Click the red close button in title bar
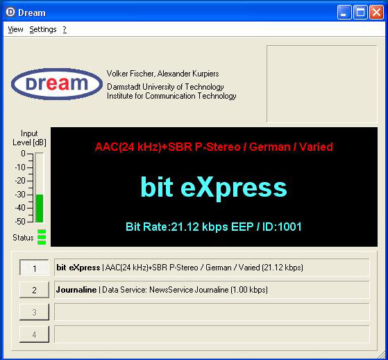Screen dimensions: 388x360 click(x=376, y=13)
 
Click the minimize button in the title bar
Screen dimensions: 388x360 click(x=344, y=13)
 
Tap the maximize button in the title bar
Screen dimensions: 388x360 click(x=360, y=13)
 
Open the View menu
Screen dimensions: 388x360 click(x=15, y=29)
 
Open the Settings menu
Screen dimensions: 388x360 click(x=43, y=30)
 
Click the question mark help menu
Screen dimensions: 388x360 click(x=65, y=29)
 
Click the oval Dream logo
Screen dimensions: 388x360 click(x=57, y=84)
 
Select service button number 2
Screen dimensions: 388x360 click(x=34, y=290)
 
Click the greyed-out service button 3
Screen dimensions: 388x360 click(x=34, y=312)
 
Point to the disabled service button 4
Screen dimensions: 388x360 click(x=34, y=334)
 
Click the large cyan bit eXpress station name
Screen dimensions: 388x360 click(x=214, y=188)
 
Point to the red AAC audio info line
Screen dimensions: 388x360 click(x=214, y=147)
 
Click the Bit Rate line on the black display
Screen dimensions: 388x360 click(x=214, y=227)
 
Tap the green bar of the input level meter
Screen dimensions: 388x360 click(x=40, y=208)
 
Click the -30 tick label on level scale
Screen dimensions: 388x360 click(x=20, y=195)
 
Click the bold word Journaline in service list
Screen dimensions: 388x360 click(x=76, y=290)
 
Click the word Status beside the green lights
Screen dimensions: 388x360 click(x=23, y=238)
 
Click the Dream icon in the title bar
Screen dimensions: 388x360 click(x=10, y=12)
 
